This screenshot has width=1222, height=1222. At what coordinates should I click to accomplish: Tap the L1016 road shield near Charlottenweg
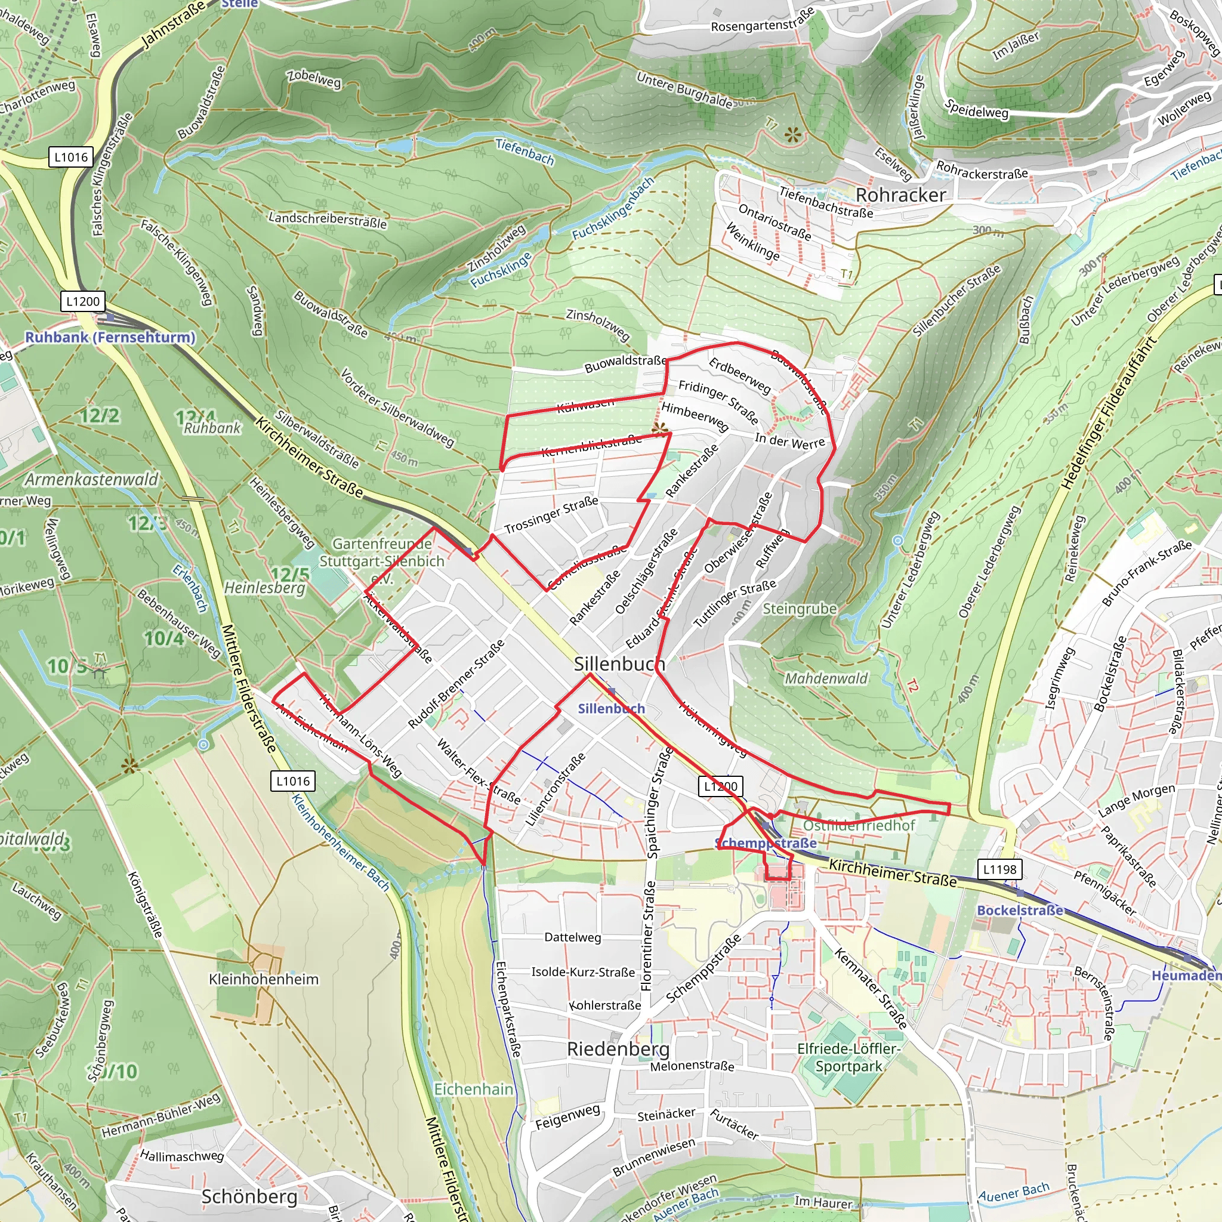tap(71, 157)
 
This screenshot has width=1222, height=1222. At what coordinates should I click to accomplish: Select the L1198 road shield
tap(999, 869)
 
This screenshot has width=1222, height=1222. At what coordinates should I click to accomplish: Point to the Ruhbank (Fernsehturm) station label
tap(110, 337)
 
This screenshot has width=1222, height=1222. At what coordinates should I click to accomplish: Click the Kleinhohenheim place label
tap(264, 979)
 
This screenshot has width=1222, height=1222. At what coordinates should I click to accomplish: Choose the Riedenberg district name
tap(618, 1049)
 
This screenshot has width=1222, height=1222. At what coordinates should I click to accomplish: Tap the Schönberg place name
tap(249, 1197)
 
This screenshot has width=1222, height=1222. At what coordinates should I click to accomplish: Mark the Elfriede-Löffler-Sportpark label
tap(848, 1057)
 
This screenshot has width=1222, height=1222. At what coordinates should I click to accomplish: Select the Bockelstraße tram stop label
tap(1020, 910)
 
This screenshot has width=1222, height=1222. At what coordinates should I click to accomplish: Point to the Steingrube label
tap(800, 609)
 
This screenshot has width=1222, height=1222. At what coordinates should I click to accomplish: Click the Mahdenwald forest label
tap(826, 678)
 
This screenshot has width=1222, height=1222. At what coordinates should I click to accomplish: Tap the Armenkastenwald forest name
tap(92, 480)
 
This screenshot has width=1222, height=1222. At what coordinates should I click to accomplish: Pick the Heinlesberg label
tap(264, 588)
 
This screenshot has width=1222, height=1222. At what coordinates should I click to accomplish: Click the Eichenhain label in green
tap(473, 1089)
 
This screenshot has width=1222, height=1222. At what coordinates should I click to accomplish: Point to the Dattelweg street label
tap(572, 937)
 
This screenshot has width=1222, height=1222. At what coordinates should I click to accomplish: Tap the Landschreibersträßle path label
tap(328, 220)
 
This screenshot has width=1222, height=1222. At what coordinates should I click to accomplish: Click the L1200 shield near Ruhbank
tap(83, 301)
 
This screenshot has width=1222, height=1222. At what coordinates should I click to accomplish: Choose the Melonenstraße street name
tap(692, 1066)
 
